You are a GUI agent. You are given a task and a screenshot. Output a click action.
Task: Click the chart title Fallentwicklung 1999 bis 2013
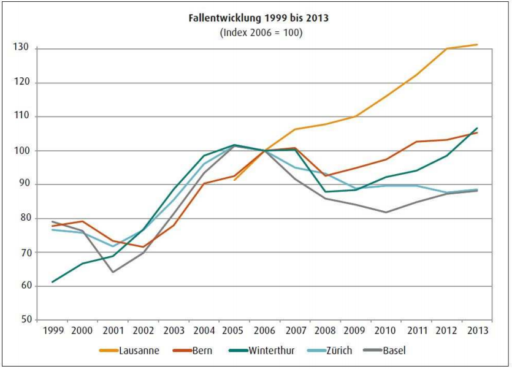pos(258,18)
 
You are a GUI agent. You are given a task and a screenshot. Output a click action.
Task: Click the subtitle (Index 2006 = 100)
pos(258,32)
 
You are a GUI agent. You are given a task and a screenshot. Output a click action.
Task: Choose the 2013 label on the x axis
pos(478,331)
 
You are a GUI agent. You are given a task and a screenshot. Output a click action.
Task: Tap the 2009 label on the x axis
pos(356,331)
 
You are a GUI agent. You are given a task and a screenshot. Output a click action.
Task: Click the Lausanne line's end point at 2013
pos(478,45)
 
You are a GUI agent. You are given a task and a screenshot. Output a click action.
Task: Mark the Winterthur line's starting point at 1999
pos(52,282)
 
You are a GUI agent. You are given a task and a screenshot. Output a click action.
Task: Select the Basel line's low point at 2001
pos(113,272)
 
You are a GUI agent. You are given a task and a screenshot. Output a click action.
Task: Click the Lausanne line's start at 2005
pos(234,180)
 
